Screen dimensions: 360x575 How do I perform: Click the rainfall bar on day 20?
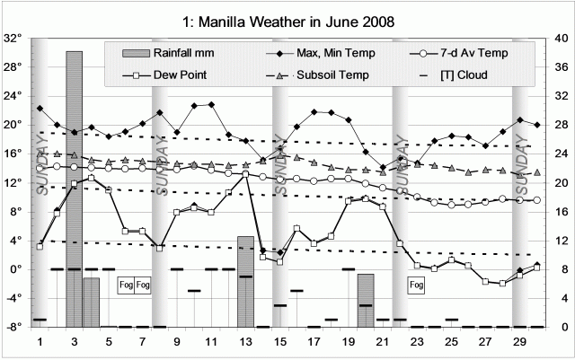point(365,300)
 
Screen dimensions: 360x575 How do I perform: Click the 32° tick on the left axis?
point(13,39)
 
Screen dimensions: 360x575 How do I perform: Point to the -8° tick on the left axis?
point(13,327)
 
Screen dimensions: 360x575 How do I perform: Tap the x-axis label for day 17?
point(314,343)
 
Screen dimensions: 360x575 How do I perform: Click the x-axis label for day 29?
point(518,343)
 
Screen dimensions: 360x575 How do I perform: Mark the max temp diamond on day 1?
point(40,109)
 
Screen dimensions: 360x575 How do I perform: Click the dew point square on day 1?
point(40,246)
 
